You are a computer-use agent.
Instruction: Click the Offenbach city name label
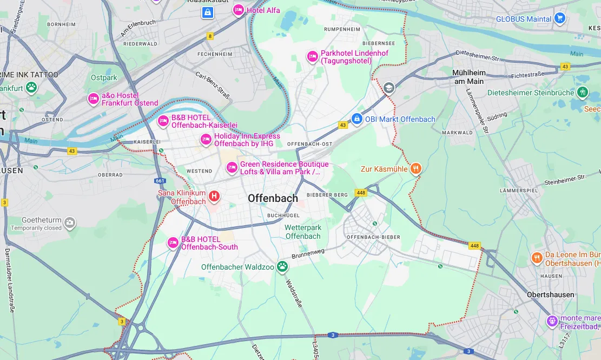(x=273, y=198)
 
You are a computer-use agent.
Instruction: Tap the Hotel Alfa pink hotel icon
(x=238, y=10)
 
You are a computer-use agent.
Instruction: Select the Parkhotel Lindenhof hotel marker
(x=312, y=57)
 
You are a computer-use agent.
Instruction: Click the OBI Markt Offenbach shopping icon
(x=356, y=119)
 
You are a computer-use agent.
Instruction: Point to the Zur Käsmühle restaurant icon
(x=415, y=168)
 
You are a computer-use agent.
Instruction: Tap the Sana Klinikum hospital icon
(x=214, y=196)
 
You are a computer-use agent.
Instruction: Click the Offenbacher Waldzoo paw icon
(x=282, y=266)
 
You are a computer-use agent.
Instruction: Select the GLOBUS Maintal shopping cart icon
(x=559, y=18)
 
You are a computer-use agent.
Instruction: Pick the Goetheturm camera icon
(x=69, y=222)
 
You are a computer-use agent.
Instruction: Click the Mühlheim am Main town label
(x=468, y=76)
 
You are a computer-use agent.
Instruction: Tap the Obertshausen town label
(x=550, y=294)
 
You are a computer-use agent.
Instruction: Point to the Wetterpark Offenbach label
(x=303, y=232)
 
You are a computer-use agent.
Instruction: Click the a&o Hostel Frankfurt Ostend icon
(x=93, y=99)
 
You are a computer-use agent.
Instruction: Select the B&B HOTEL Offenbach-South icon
(x=173, y=243)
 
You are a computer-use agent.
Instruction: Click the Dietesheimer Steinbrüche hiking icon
(x=582, y=93)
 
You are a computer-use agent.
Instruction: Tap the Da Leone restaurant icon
(x=537, y=258)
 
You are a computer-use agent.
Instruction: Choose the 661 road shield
(x=160, y=181)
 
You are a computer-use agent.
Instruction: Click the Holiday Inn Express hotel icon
(x=206, y=140)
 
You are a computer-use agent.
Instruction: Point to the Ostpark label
(x=104, y=77)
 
